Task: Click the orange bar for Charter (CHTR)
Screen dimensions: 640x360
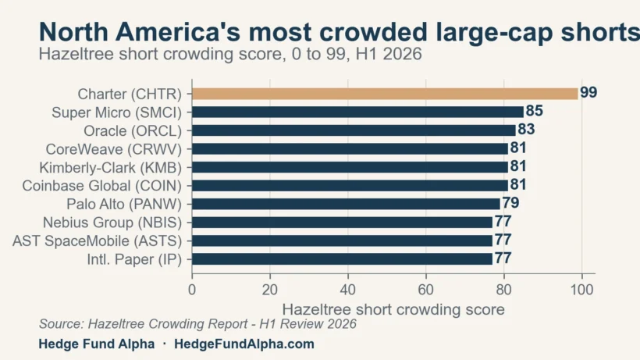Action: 385,94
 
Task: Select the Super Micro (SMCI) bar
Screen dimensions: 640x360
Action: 357,112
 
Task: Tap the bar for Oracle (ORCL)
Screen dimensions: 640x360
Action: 354,130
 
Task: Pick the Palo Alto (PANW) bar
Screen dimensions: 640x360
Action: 346,204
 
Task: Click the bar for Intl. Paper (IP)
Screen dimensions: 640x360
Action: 342,259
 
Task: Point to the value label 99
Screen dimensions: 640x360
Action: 588,93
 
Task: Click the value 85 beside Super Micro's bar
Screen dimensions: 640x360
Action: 535,111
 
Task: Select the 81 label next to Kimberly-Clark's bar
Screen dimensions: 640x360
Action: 518,166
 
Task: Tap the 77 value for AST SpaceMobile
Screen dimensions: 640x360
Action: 503,240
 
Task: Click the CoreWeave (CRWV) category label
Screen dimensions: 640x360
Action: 113,149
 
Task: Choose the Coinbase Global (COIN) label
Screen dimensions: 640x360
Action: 101,186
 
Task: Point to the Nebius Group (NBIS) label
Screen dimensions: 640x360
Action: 112,223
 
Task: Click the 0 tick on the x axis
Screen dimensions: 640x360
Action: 192,290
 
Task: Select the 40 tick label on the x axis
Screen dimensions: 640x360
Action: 348,290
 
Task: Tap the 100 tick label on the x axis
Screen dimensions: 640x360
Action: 581,290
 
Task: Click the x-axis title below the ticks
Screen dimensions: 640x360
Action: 393,309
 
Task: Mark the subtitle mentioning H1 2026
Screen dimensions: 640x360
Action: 230,54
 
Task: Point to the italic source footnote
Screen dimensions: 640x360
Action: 197,324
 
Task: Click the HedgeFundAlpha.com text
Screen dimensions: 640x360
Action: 244,344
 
